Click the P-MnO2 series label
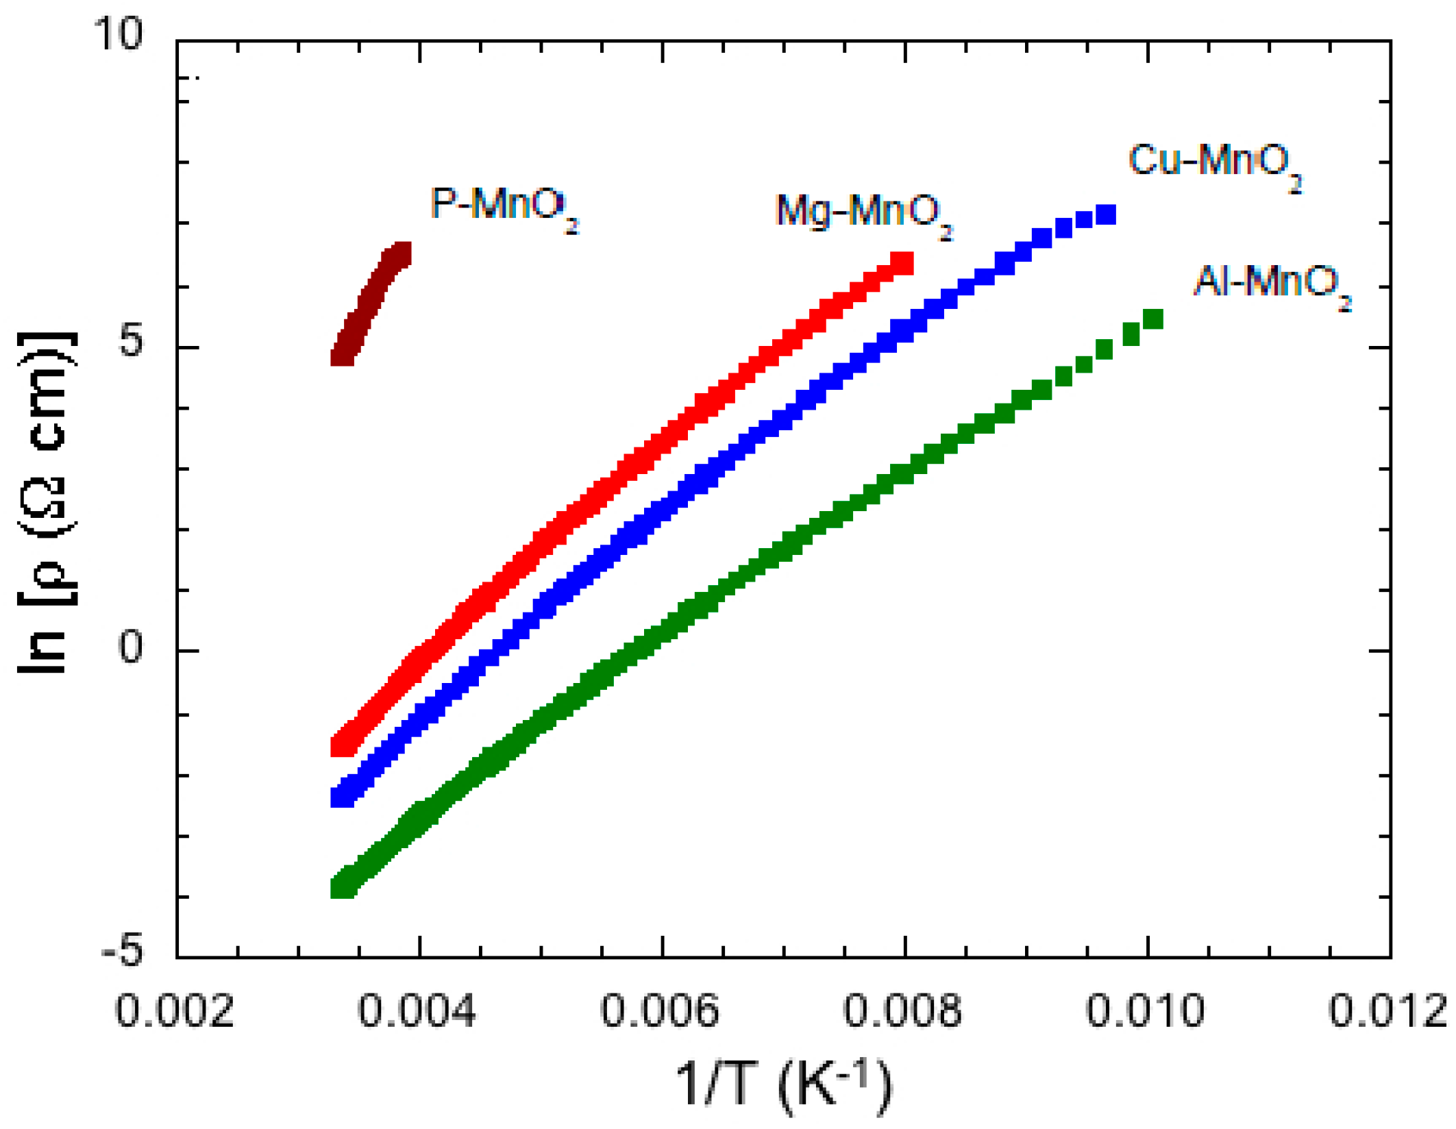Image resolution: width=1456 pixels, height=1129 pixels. (505, 208)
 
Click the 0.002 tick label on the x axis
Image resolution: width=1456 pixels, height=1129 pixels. (175, 1010)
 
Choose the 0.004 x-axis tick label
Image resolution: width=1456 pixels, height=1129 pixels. (417, 1010)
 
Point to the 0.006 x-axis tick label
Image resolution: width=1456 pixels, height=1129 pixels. (659, 1010)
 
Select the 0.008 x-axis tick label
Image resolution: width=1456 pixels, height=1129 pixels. (902, 1010)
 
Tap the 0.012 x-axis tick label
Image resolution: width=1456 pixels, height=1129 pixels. (1387, 1010)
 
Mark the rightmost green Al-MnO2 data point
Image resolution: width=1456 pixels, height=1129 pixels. (1153, 319)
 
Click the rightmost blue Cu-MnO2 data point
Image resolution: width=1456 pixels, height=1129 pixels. (1106, 214)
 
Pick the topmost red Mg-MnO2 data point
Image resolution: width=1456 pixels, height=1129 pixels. (903, 263)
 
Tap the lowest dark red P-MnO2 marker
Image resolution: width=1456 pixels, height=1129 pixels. (342, 357)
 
